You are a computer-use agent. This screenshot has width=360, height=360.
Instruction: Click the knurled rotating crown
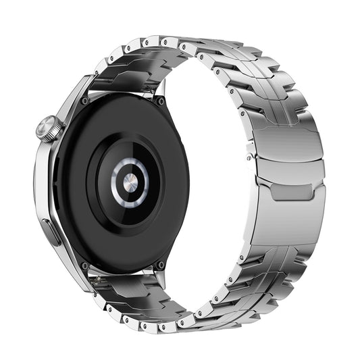49,128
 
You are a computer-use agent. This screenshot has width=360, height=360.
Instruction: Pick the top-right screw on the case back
161,101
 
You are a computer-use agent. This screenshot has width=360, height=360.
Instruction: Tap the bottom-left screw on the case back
84,265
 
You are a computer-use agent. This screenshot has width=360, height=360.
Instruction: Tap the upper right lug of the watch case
162,88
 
